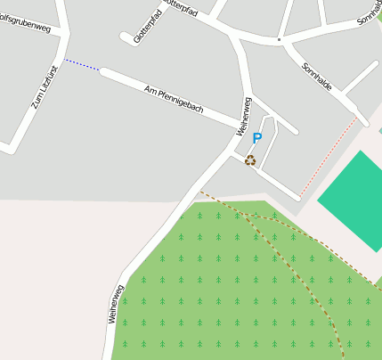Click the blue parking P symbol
[x=257, y=138]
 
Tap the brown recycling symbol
[x=250, y=160]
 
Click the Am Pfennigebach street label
[x=174, y=98]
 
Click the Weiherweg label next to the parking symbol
[x=243, y=116]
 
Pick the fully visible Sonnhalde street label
[x=316, y=76]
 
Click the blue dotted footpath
[x=82, y=65]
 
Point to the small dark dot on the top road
[x=279, y=39]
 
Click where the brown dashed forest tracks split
[x=252, y=218]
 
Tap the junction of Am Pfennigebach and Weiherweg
[x=239, y=125]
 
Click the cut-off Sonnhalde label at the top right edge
[x=370, y=11]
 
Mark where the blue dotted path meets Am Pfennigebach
[x=100, y=70]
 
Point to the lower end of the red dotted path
[x=299, y=195]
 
